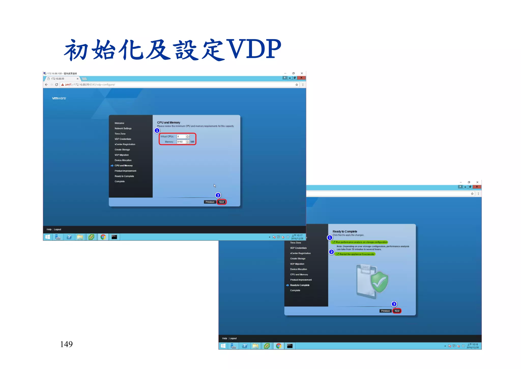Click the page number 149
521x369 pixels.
(66, 344)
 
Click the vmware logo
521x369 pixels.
(59, 98)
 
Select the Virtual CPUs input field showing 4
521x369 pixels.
(181, 137)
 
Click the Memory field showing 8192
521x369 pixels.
(181, 142)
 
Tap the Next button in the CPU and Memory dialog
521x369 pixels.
(222, 202)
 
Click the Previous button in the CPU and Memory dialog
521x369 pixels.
(210, 202)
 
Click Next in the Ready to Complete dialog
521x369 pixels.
(397, 311)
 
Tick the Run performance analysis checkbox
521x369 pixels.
(334, 242)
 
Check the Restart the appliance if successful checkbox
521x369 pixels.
(338, 254)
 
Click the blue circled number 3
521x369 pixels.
(394, 304)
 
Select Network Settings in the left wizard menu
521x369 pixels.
(123, 128)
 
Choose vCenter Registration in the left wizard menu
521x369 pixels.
(125, 144)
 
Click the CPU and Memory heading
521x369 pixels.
(169, 123)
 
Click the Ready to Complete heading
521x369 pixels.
(345, 231)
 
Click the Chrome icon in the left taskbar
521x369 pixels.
(103, 237)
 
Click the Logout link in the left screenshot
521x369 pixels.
(57, 229)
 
